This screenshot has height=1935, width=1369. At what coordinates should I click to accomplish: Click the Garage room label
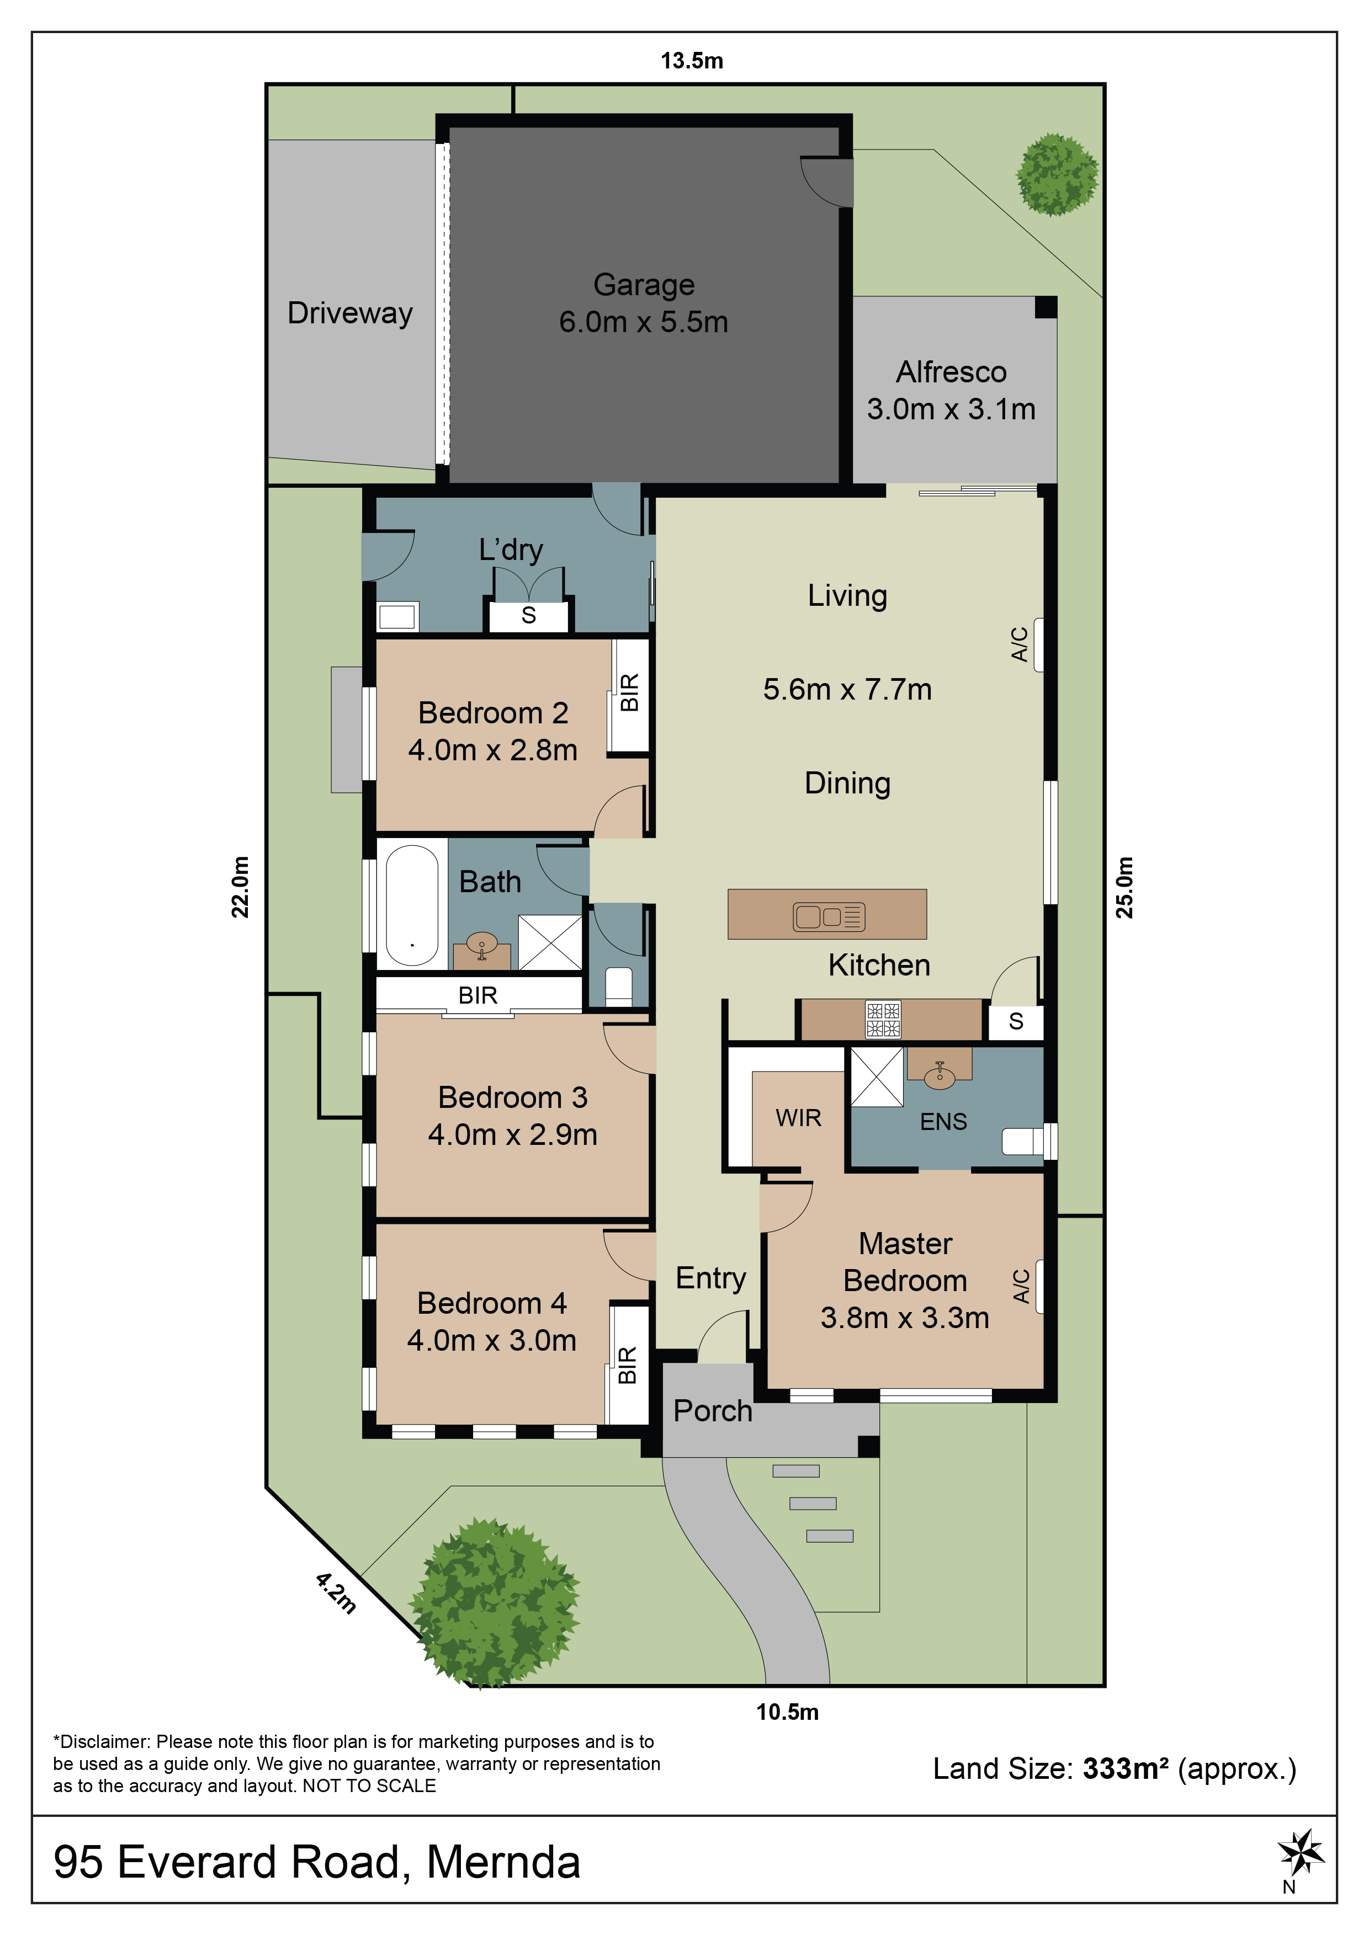(644, 285)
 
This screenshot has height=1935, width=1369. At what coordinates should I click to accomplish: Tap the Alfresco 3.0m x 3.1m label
(951, 390)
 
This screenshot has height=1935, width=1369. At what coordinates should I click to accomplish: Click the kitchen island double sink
(829, 916)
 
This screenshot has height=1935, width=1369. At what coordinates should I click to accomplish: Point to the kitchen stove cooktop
(883, 1019)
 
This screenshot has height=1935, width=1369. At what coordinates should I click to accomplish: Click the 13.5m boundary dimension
(691, 61)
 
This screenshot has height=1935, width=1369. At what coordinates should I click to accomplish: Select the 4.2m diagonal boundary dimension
(336, 1592)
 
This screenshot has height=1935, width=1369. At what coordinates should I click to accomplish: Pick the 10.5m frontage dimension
(787, 1712)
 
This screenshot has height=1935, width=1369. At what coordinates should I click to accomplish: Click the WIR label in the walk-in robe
(798, 1117)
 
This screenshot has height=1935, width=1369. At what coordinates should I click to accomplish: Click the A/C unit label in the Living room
(1019, 644)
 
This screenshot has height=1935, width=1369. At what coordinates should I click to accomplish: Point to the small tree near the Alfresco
(1057, 174)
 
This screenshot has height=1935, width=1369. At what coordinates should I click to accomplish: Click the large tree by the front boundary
(495, 1602)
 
